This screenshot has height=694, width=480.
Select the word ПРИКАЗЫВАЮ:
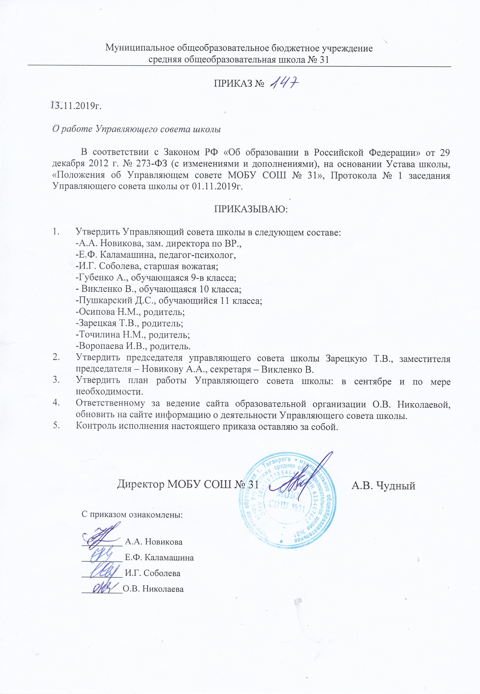[251, 209]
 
